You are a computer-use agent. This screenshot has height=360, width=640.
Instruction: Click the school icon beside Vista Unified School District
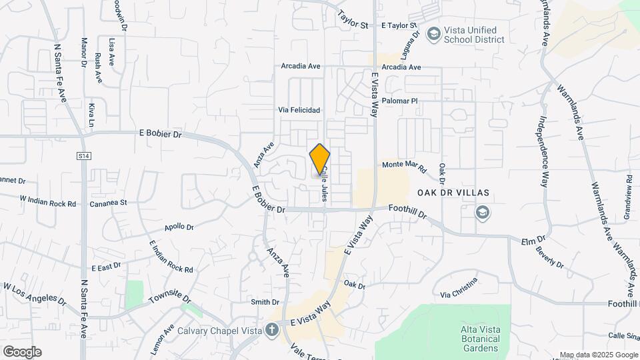(434, 33)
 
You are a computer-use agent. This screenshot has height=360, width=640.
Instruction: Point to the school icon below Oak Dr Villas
(481, 213)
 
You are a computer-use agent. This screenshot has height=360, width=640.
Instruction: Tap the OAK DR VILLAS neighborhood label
(453, 193)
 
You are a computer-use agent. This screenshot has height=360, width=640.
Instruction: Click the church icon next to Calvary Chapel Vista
(271, 329)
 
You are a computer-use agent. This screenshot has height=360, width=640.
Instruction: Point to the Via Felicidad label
(299, 110)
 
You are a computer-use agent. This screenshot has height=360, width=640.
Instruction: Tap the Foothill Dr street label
(408, 213)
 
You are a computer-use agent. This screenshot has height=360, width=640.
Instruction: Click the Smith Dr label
(265, 302)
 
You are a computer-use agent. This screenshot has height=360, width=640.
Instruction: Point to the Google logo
(22, 351)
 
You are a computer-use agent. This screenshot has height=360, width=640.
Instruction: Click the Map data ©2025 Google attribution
(599, 355)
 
